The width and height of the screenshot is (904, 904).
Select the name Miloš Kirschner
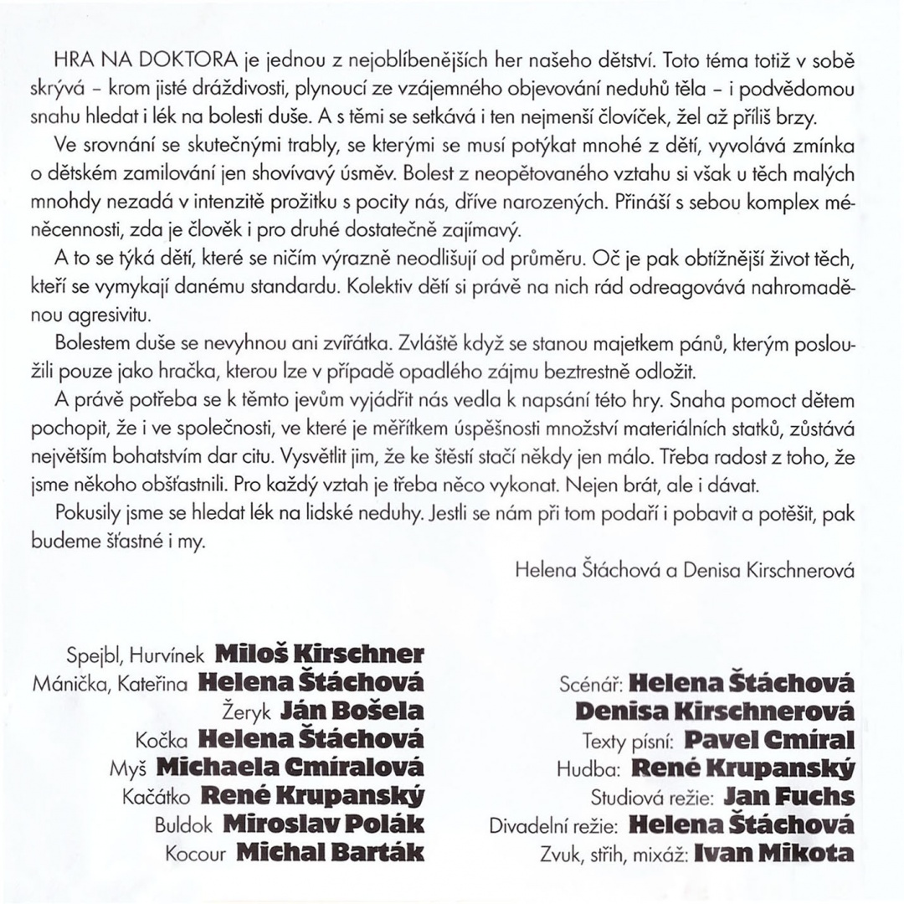click(320, 652)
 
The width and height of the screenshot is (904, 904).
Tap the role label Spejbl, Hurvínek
click(136, 654)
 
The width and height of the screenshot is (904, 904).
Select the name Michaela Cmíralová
click(290, 768)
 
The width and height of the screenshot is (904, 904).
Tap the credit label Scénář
click(590, 683)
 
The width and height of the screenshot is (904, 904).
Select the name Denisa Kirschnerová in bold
click(716, 711)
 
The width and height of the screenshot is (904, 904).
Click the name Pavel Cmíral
click(769, 740)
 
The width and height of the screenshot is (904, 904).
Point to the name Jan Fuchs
click(788, 796)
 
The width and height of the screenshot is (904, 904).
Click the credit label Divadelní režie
click(553, 825)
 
